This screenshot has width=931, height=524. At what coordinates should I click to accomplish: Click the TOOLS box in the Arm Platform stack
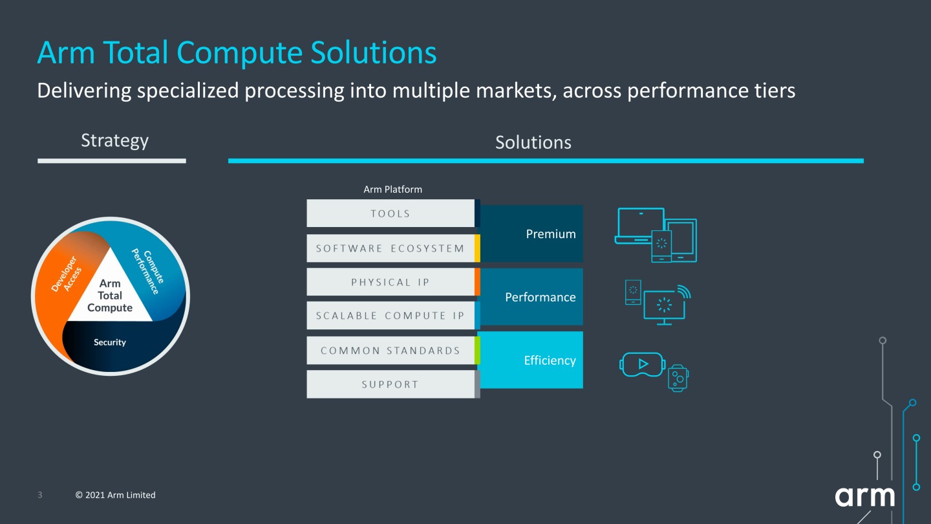tap(391, 213)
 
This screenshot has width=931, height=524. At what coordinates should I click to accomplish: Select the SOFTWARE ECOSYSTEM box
tap(391, 248)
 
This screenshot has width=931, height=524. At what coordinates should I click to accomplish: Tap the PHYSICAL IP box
tap(391, 282)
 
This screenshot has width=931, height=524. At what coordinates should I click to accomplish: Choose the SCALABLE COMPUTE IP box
tap(391, 316)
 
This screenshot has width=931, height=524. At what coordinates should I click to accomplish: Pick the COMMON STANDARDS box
tap(391, 351)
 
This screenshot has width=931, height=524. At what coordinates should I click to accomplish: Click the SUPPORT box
tap(391, 384)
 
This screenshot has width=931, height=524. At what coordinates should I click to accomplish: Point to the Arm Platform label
tap(392, 190)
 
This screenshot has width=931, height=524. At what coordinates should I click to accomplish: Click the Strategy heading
tap(114, 140)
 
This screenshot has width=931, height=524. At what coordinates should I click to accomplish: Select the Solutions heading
tap(533, 142)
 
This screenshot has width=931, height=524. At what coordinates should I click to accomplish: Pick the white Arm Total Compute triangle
tap(110, 295)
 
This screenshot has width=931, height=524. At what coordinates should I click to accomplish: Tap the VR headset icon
tap(642, 364)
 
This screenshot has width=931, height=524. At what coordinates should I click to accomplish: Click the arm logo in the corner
tap(864, 497)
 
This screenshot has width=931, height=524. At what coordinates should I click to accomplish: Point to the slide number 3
tap(40, 495)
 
